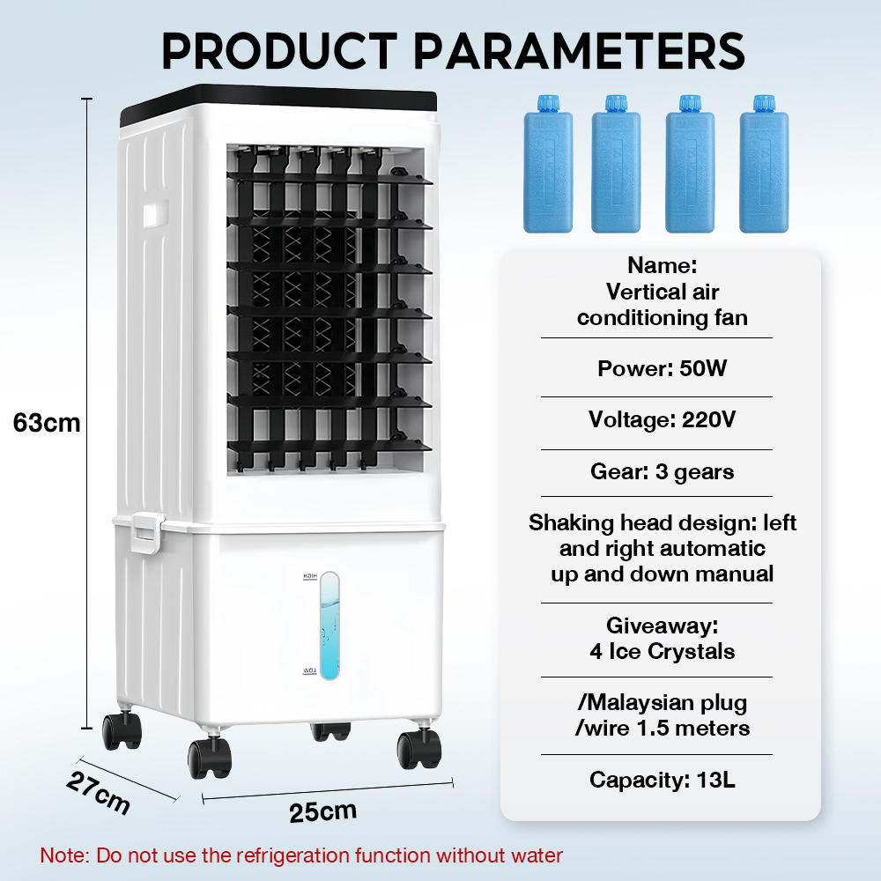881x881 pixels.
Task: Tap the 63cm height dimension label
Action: coord(47,423)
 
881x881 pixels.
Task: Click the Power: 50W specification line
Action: coord(662,368)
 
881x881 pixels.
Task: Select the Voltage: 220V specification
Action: coord(662,419)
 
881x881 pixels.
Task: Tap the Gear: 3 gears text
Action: coord(662,472)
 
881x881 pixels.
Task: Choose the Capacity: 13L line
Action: coord(662,780)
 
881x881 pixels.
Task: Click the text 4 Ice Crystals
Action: coord(662,652)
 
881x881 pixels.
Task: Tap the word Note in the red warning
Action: coord(63,855)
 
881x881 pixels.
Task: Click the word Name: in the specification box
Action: coord(662,265)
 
